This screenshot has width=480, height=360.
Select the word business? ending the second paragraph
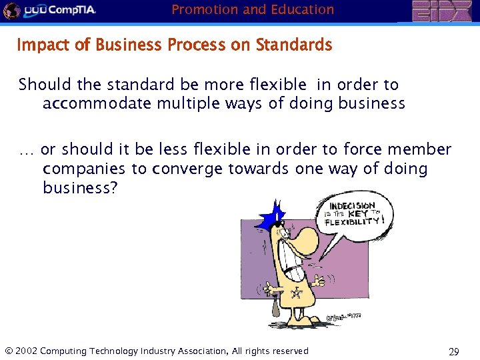tap(80, 188)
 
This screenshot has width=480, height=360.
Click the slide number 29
tap(454, 351)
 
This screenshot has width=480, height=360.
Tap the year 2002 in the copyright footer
tap(26, 351)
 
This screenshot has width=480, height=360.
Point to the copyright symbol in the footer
tap(8, 351)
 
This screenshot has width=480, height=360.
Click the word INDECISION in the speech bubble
tap(351, 206)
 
